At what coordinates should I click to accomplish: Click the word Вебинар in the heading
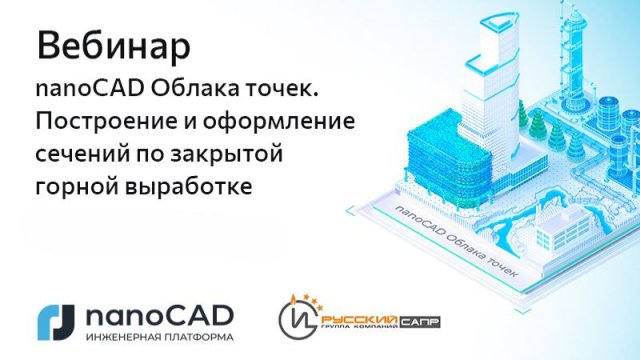[x=113, y=47]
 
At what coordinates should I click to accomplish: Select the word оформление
[x=278, y=122]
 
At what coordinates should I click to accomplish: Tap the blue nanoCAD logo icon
[x=56, y=322]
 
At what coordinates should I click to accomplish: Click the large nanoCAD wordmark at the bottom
[x=160, y=317]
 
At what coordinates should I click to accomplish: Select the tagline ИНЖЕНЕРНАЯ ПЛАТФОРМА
[x=160, y=338]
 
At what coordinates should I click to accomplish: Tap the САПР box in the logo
[x=420, y=322]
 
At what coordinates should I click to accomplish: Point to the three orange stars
[x=312, y=301]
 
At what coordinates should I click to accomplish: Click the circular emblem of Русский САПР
[x=299, y=320]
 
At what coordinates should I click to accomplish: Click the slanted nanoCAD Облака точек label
[x=455, y=242]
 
